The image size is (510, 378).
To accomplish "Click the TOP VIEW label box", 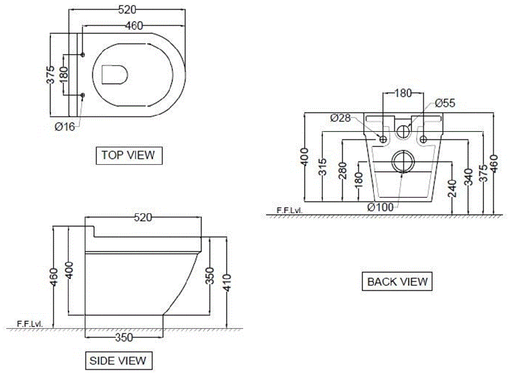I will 128,155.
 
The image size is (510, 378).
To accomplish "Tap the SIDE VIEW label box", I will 118,361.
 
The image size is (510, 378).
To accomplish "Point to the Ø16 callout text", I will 65,127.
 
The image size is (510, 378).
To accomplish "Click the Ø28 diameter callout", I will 340,118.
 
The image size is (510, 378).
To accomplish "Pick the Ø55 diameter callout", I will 445,103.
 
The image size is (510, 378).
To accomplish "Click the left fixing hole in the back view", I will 384,138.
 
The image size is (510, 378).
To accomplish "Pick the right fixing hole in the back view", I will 423,138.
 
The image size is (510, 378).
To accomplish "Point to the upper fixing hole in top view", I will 83,54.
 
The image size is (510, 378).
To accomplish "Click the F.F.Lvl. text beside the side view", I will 29,323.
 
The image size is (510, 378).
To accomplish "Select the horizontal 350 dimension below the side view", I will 123,337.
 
